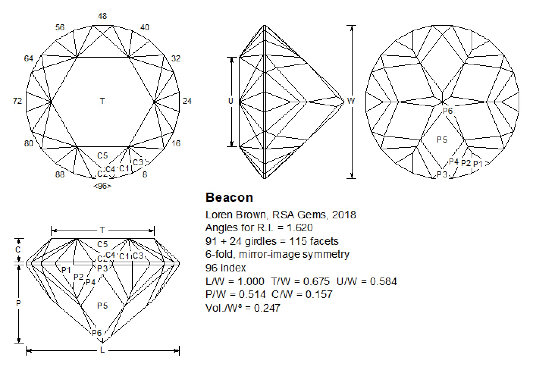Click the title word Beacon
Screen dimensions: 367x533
229,198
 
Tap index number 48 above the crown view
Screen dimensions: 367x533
102,16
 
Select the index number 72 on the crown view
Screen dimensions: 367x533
17,101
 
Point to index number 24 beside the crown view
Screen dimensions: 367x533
187,101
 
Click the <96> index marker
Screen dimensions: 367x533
102,186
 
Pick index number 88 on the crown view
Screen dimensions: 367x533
60,174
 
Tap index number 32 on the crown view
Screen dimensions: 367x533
176,59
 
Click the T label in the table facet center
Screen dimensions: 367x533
102,101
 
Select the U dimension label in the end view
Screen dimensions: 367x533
230,101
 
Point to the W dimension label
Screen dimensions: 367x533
351,101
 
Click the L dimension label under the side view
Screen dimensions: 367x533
102,350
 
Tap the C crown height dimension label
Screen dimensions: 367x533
18,250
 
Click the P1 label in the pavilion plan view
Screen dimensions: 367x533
478,164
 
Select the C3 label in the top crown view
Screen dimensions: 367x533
138,163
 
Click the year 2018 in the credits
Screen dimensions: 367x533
344,215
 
